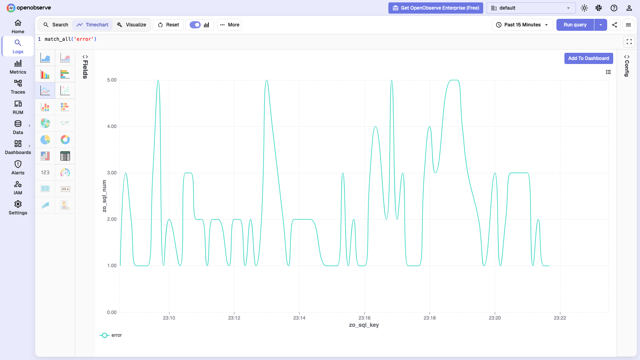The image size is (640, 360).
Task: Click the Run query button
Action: point(575,25)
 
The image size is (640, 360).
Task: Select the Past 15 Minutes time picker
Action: point(522,25)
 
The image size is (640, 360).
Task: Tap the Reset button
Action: point(168,25)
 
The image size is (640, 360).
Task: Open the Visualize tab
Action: point(132,25)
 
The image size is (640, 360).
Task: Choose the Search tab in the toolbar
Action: point(56,25)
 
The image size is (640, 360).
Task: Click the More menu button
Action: point(230,25)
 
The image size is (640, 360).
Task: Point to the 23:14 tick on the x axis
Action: point(299,318)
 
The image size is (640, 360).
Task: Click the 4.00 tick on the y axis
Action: point(112,126)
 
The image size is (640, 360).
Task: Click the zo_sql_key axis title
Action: point(364,325)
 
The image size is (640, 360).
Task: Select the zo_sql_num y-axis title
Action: point(104,196)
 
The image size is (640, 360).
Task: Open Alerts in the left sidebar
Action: point(18,168)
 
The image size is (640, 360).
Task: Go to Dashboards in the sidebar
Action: point(18,148)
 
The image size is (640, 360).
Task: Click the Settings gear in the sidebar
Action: point(18,208)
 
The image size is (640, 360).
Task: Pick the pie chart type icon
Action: point(45,140)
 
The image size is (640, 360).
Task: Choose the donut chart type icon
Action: point(65,140)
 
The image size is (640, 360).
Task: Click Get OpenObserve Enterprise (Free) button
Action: point(436,8)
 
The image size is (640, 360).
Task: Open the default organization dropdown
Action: point(531,8)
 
